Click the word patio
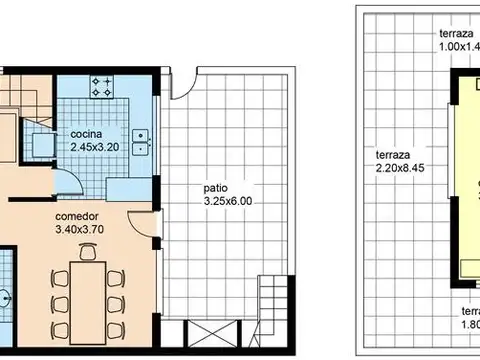tap(216, 187)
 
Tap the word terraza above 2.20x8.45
tap(392, 156)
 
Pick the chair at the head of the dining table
tap(88, 254)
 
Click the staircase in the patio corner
tap(271, 297)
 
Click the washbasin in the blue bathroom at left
tap(7, 297)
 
